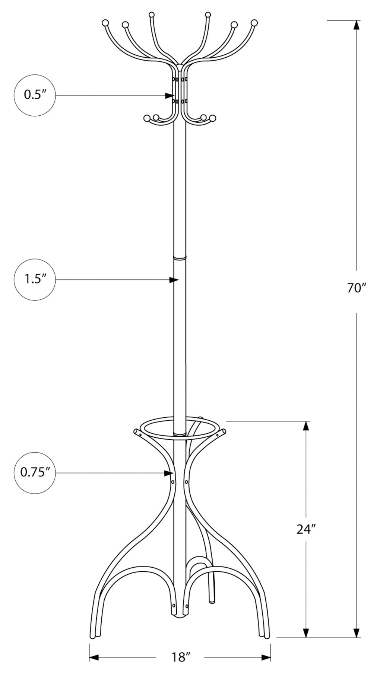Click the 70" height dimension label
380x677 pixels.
357,288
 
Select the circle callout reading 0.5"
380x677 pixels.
35,95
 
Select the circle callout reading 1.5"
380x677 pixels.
35,279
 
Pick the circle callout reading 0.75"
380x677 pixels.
35,473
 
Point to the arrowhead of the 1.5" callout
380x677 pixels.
174,280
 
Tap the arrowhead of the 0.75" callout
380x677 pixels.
169,473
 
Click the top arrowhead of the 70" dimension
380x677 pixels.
357,25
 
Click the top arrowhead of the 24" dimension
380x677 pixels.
306,426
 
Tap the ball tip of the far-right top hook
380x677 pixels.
254,23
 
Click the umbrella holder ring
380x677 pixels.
179,428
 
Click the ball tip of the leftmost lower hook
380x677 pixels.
147,118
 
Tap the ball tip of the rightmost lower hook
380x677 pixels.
213,118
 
